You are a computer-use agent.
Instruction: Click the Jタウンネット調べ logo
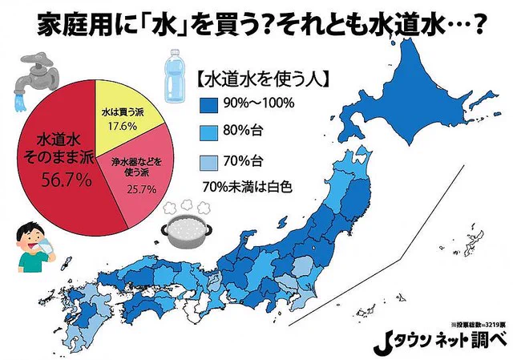point(444,339)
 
